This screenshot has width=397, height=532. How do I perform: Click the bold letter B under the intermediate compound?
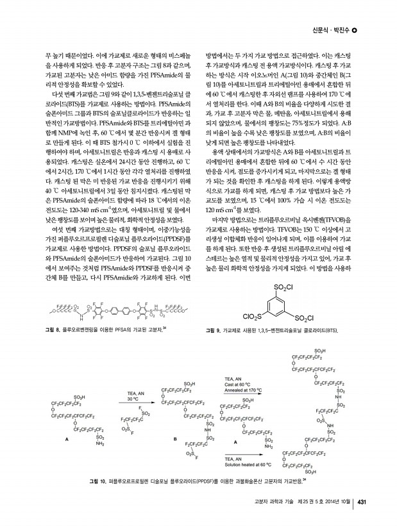pos(175,438)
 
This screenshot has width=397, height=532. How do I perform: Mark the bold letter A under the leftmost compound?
pos(66,439)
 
